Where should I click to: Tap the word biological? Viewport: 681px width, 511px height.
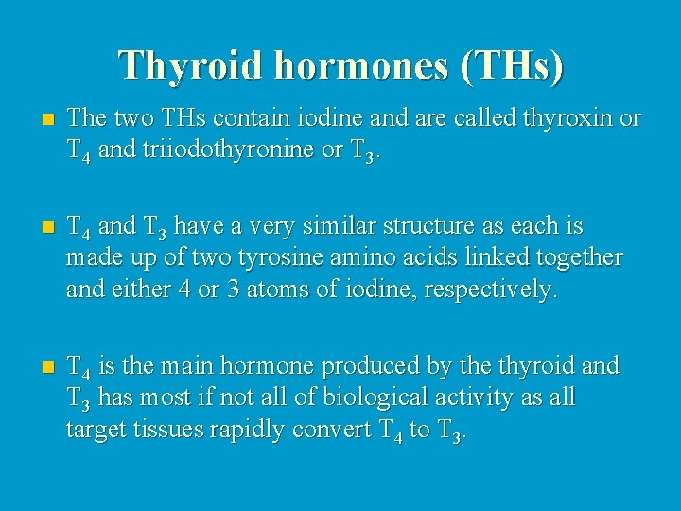tap(370, 396)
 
